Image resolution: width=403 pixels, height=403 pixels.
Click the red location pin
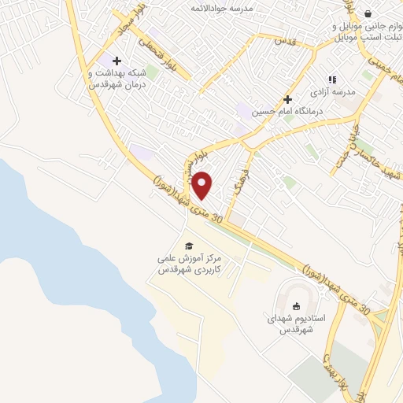pyautogui.click(x=202, y=184)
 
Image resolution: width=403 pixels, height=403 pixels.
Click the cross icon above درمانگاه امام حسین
pyautogui.click(x=288, y=100)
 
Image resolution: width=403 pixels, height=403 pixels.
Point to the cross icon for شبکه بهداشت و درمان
pyautogui.click(x=117, y=61)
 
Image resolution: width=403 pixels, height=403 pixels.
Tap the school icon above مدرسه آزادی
pyautogui.click(x=331, y=79)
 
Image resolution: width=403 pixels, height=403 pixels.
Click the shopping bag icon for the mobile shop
pyautogui.click(x=368, y=13)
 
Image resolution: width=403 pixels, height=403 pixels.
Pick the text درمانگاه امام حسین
pyautogui.click(x=283, y=113)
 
